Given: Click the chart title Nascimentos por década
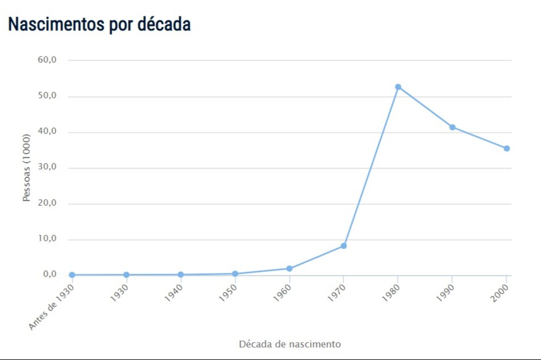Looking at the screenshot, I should (x=99, y=24).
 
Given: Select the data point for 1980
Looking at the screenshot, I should (x=398, y=87).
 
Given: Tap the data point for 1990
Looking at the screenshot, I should (x=452, y=127).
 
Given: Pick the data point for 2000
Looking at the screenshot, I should (x=507, y=149).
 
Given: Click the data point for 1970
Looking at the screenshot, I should (x=343, y=246).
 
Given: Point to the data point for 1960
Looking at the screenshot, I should (x=289, y=268).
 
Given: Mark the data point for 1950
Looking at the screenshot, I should (x=235, y=274).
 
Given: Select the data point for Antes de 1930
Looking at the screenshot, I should (x=72, y=275).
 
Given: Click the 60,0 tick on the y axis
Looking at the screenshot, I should (x=47, y=60).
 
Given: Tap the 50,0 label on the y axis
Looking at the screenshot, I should (x=47, y=96).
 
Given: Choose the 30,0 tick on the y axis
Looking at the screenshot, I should (x=47, y=168).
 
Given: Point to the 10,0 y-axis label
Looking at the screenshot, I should (x=47, y=239).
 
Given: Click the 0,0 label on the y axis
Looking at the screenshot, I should (x=49, y=275).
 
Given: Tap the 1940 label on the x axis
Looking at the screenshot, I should (x=174, y=292).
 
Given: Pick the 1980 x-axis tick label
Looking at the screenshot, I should (x=391, y=292).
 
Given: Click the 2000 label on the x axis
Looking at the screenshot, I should (x=500, y=292).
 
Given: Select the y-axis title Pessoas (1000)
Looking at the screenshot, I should (x=26, y=168).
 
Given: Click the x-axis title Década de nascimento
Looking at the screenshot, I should (x=290, y=344).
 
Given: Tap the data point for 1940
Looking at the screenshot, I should (x=181, y=275).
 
